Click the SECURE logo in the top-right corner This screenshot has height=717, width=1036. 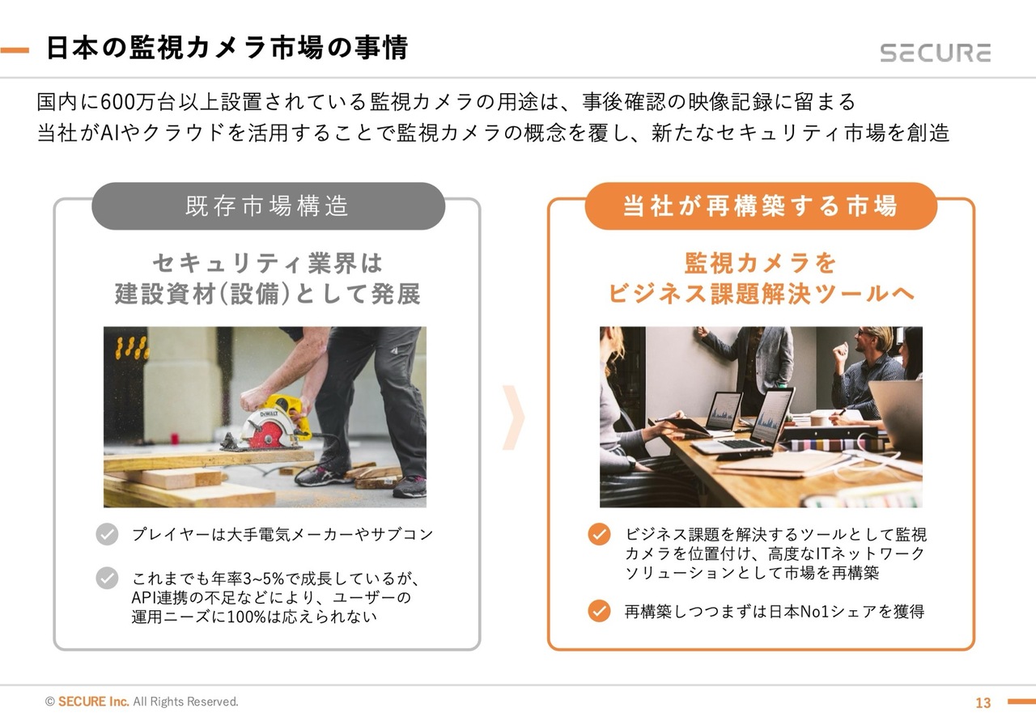point(935,53)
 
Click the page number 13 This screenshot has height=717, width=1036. point(983,702)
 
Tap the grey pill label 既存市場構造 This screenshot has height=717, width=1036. point(268,206)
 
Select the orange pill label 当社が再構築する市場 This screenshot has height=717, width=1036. point(761,206)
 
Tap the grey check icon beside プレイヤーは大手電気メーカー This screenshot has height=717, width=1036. point(107,534)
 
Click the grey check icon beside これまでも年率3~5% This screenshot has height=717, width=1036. point(107,578)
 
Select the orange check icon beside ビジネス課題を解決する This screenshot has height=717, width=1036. point(599,534)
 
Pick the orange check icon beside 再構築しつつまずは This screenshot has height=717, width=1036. point(599,611)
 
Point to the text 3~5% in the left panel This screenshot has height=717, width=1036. point(263,579)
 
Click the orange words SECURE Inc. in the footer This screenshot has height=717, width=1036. point(93,702)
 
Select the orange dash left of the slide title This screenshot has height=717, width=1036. point(15,50)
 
